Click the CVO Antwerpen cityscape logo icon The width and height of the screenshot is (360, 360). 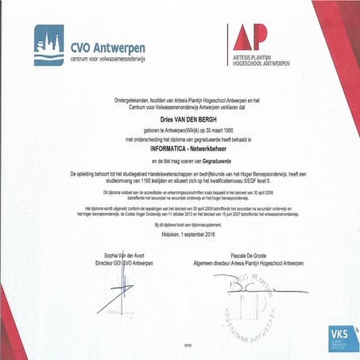click(x=48, y=45)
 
